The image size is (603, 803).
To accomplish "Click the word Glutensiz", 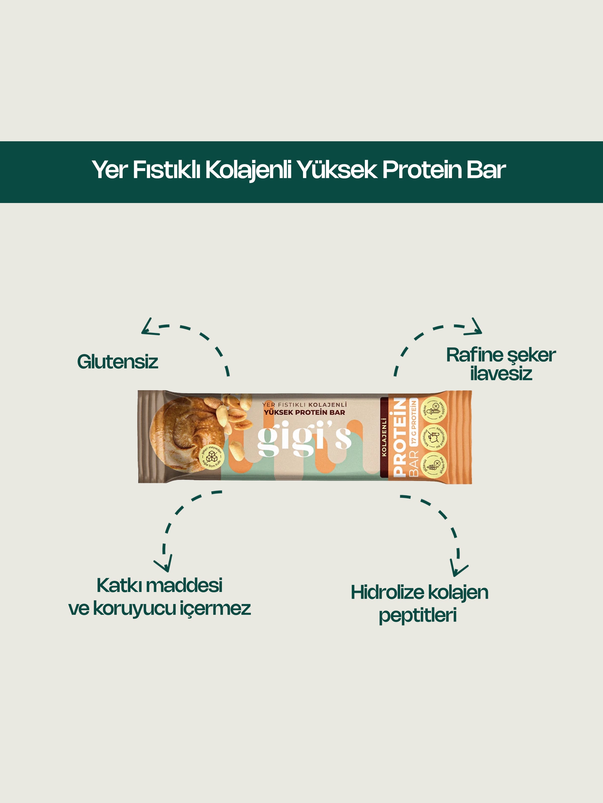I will (x=117, y=362).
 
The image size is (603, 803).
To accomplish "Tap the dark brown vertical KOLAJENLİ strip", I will (x=384, y=437).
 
